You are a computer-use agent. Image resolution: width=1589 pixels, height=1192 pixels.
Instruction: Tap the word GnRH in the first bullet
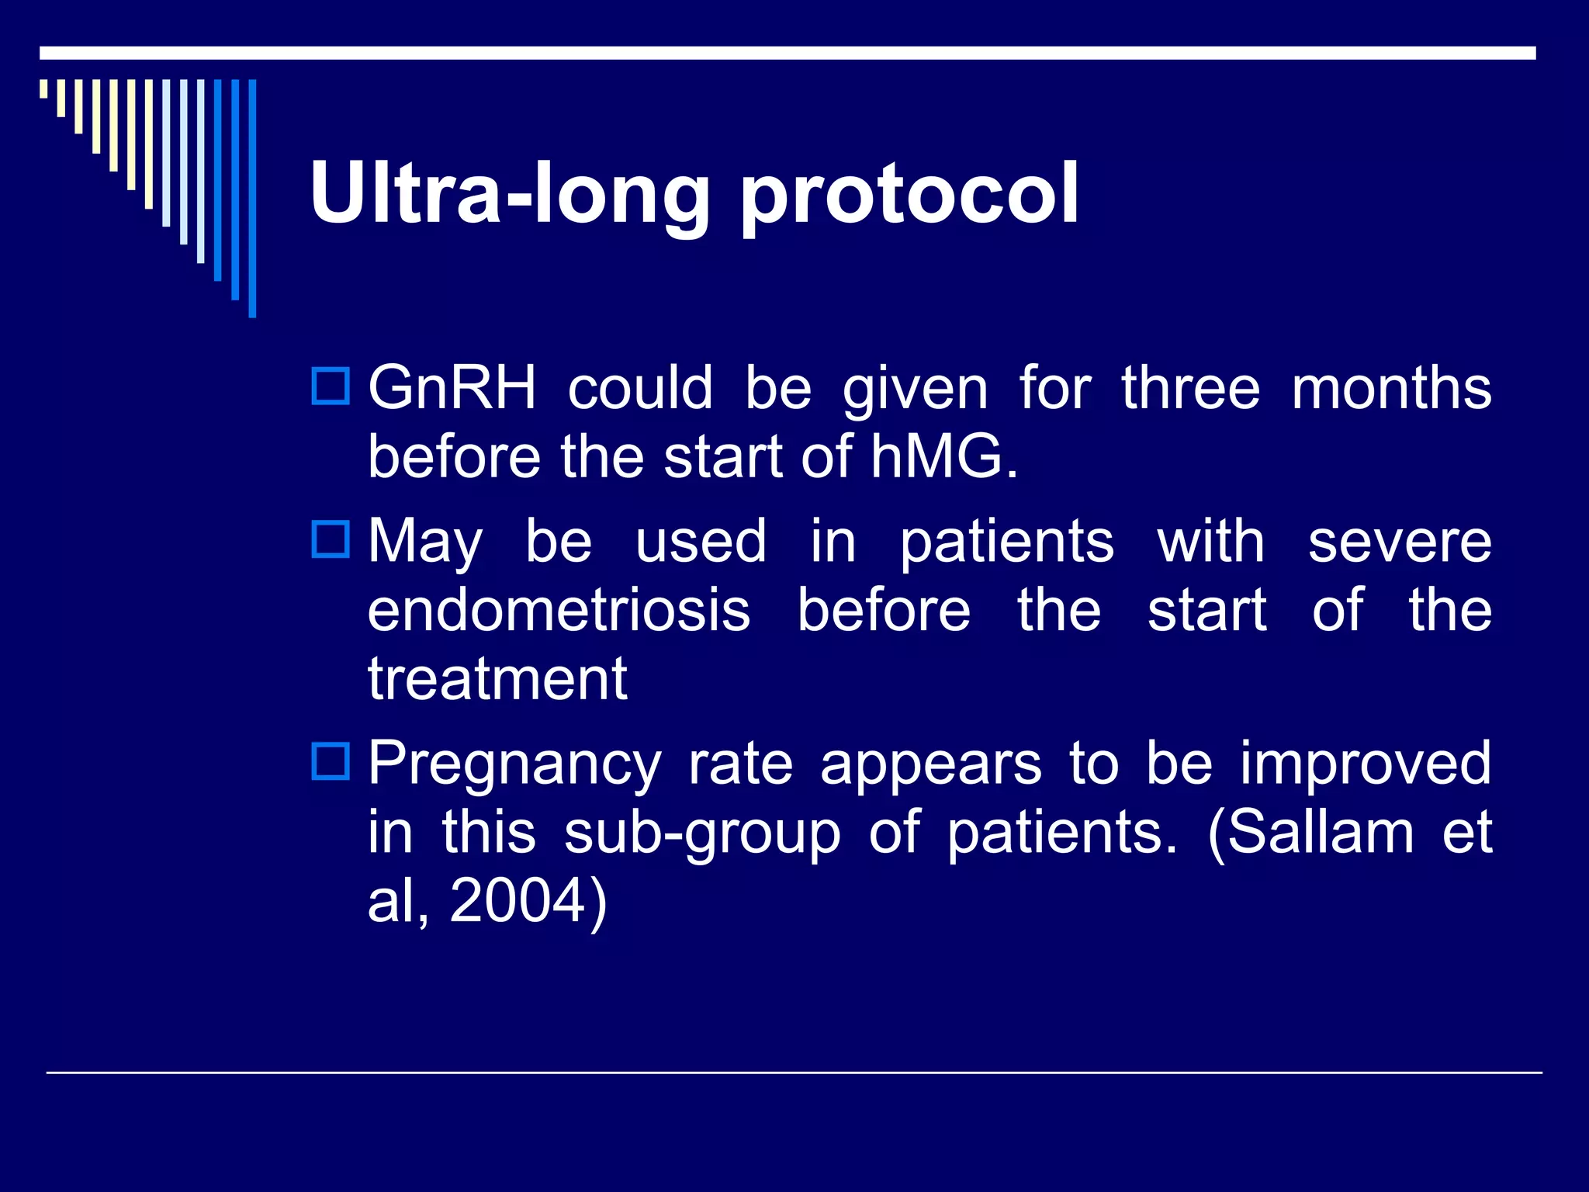452,387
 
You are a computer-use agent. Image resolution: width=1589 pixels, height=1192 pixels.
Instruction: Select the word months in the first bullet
1391,387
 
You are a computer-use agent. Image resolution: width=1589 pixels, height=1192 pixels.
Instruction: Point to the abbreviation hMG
943,456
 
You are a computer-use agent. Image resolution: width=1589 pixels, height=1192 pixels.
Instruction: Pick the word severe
1400,542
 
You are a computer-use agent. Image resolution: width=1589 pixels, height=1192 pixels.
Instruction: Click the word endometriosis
559,610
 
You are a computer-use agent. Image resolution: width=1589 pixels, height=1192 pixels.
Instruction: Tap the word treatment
497,679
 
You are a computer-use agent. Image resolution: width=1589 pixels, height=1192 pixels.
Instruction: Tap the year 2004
518,900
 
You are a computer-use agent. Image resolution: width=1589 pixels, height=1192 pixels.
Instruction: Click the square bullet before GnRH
331,386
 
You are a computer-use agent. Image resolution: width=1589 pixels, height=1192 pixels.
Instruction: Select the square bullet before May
331,539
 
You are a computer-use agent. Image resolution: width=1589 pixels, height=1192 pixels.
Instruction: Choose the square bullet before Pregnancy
331,761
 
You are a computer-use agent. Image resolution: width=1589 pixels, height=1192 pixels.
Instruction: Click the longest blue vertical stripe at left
252,198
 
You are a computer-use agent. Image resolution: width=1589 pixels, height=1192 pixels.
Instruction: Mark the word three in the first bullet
1191,387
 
